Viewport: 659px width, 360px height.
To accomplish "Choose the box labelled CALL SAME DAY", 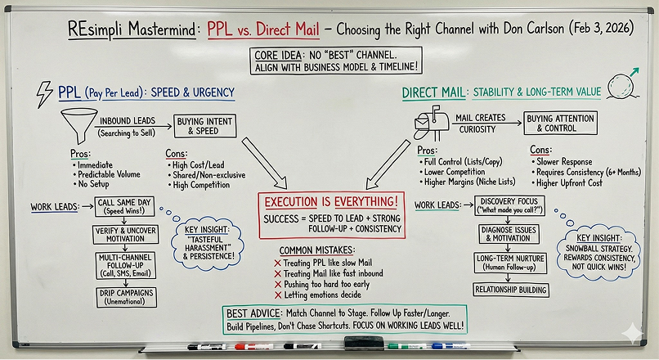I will [118, 205].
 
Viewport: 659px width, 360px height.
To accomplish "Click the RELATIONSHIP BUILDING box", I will [513, 289].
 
